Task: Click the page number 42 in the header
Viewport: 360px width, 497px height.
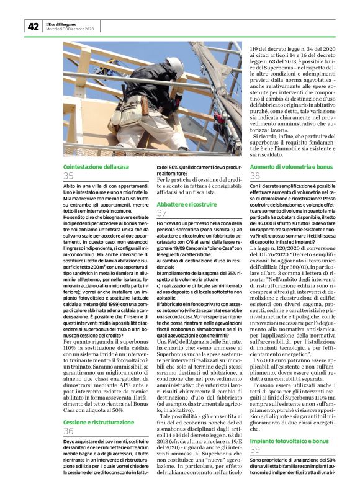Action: [32, 26]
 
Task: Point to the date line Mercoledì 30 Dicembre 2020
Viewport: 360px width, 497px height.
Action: [70, 29]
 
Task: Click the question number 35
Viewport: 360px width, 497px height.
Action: [68, 176]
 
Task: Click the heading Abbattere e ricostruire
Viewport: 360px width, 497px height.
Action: [182, 202]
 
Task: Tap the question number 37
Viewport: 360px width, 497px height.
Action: [161, 212]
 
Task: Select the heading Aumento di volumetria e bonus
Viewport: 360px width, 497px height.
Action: [291, 168]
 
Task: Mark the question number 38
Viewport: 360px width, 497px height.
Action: [255, 176]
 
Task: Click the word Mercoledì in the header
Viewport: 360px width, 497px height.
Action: [56, 29]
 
